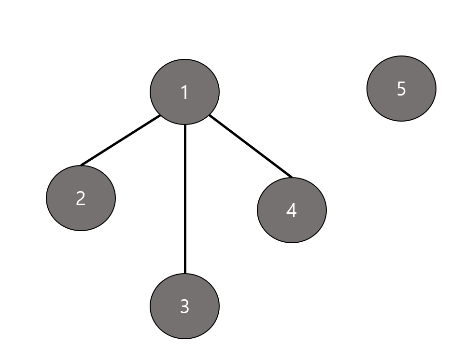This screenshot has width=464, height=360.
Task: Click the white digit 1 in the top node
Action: click(x=184, y=92)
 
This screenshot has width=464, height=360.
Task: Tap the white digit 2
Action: click(x=81, y=198)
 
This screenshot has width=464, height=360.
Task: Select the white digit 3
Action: click(x=184, y=306)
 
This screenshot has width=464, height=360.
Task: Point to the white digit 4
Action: click(x=292, y=210)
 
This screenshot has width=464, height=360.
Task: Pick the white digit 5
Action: click(x=401, y=89)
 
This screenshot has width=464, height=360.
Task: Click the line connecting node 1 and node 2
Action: click(x=121, y=140)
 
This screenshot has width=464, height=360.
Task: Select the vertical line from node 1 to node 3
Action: click(x=185, y=198)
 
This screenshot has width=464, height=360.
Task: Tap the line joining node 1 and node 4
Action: click(x=251, y=146)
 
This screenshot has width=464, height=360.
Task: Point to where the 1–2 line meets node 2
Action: click(x=82, y=166)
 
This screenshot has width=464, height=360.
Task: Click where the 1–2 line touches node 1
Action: click(x=160, y=115)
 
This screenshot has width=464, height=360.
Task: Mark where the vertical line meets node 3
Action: click(x=185, y=274)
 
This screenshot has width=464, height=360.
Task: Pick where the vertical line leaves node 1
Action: click(x=185, y=125)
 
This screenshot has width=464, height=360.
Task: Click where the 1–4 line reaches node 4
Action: click(x=292, y=178)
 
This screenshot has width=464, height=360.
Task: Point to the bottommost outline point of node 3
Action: click(x=185, y=339)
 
